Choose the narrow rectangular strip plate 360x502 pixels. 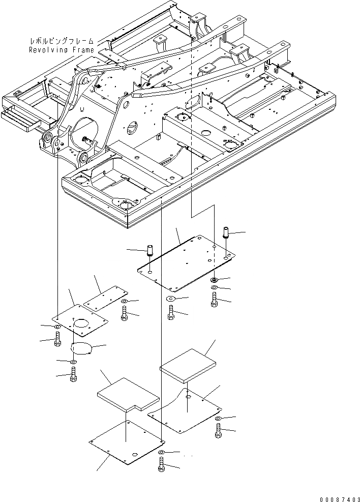[106, 298]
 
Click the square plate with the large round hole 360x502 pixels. [81, 323]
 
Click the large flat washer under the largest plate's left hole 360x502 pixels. [170, 299]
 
